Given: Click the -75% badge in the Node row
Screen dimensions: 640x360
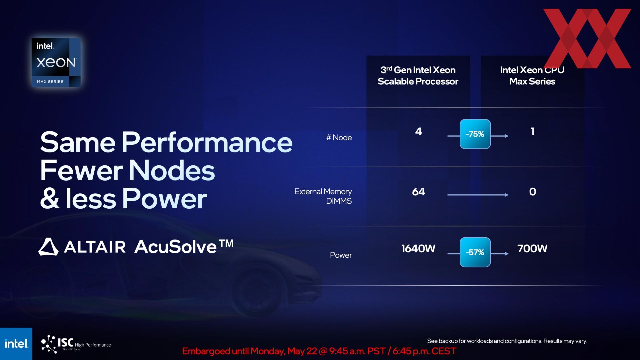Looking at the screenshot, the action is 475,134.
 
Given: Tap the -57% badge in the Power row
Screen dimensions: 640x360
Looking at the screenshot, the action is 475,252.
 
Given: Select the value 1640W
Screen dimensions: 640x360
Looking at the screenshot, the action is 418,249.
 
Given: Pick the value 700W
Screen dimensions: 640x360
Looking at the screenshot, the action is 532,249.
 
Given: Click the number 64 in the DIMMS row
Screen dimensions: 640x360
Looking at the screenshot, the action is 419,192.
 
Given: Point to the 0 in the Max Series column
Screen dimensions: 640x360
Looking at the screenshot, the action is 533,192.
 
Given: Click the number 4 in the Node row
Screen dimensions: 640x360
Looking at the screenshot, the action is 419,131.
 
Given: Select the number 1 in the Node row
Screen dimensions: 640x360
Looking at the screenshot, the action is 533,131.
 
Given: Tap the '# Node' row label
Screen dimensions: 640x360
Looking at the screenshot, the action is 339,137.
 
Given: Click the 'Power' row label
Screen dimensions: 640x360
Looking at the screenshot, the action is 341,255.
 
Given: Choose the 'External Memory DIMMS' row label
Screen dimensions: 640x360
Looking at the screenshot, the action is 323,196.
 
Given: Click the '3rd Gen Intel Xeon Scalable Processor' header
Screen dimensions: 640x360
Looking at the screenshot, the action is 418,76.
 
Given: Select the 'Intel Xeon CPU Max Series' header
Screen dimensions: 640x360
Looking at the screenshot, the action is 532,76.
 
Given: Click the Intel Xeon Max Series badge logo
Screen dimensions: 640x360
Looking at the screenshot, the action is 56,63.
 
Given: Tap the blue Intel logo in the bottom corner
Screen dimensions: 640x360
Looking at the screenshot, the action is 16,344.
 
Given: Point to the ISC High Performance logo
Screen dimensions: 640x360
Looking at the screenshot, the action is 76,344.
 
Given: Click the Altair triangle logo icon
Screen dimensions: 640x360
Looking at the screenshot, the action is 48,247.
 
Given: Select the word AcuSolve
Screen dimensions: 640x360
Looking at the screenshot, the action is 176,247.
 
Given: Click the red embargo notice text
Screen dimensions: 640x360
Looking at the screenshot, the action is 319,351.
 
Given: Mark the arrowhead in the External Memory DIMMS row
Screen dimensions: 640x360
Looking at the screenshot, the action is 507,195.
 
